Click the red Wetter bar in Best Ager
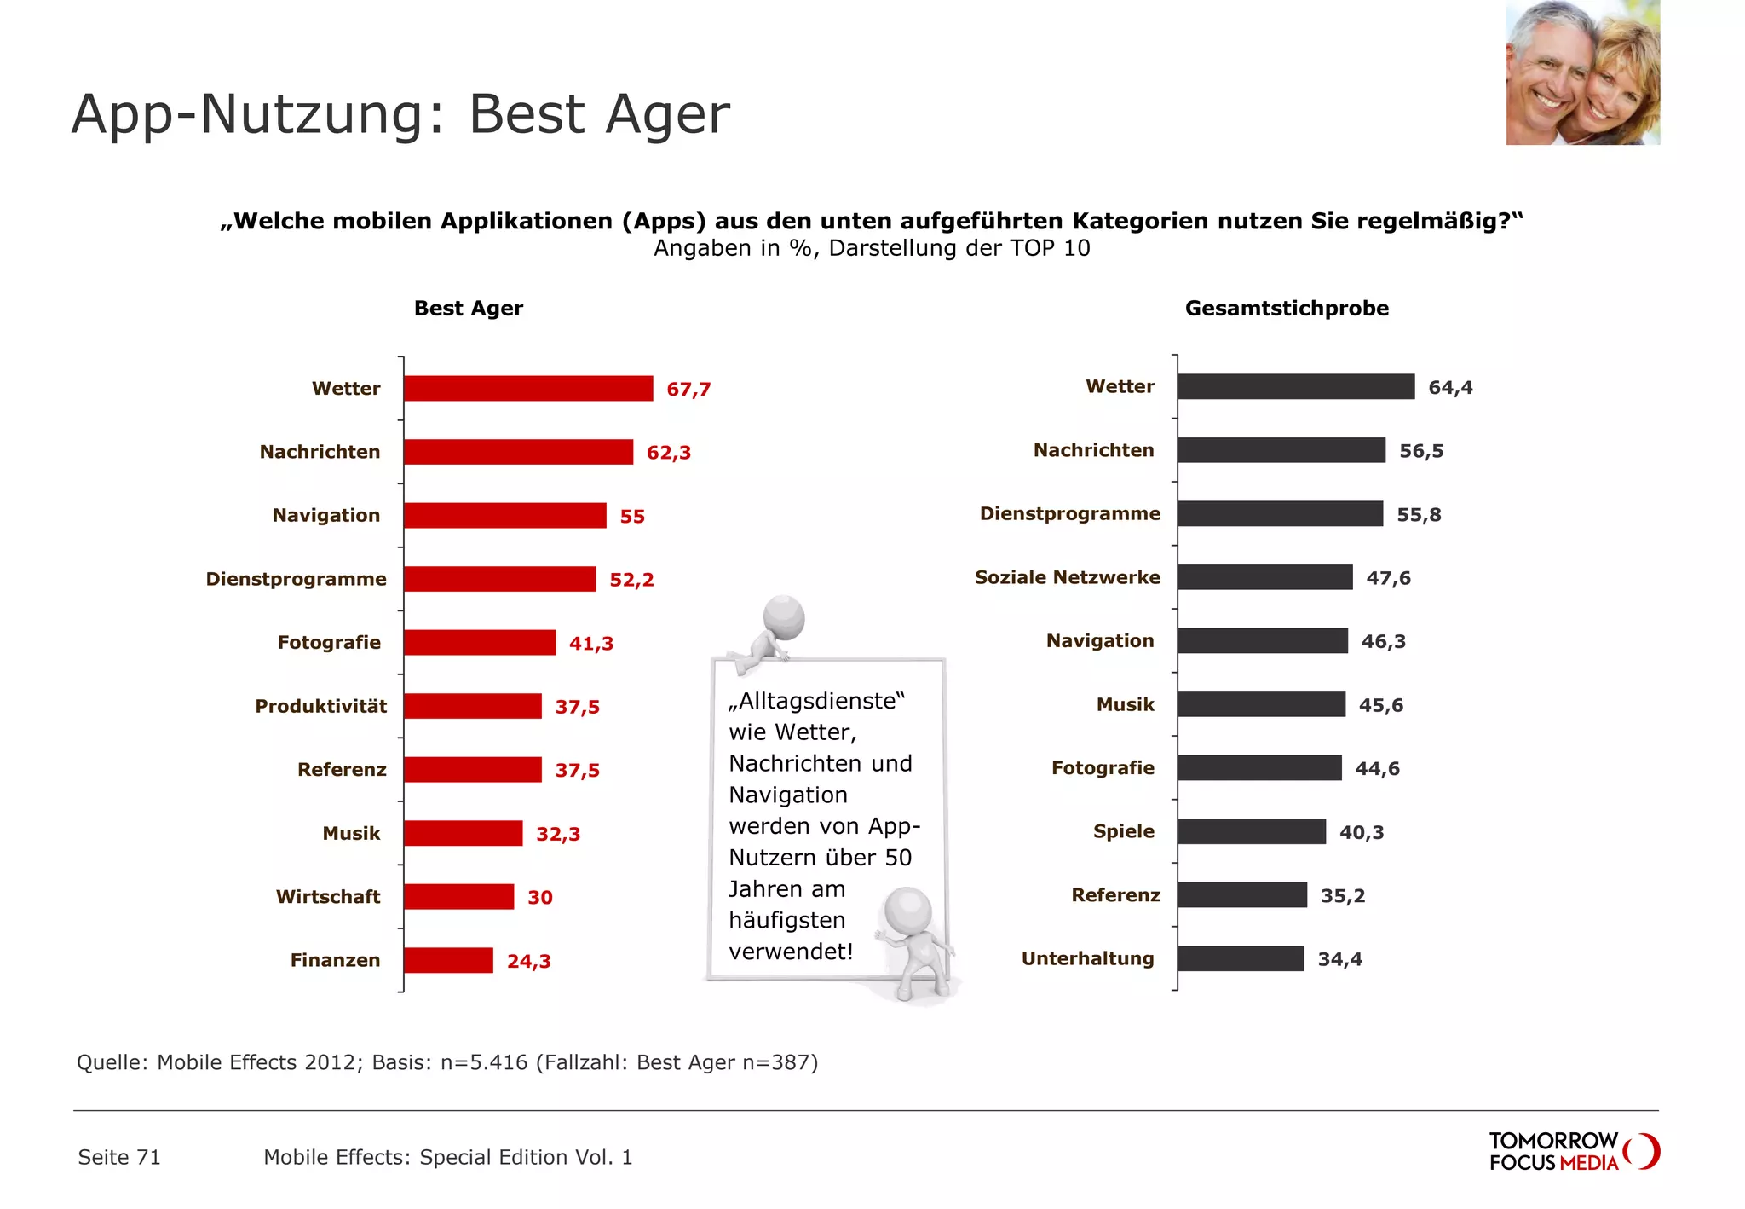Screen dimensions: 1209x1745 [528, 388]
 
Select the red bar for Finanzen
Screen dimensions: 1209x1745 [448, 960]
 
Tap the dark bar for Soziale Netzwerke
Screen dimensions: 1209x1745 [1264, 577]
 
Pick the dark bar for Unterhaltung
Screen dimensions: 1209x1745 [1241, 958]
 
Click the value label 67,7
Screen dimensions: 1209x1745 [688, 390]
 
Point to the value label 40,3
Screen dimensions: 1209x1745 [1362, 832]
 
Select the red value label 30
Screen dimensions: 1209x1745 [540, 897]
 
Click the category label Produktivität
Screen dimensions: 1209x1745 [320, 706]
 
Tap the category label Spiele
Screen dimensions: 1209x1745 [1124, 831]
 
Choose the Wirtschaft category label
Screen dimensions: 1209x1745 [328, 897]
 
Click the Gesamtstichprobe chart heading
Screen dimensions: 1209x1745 [1287, 309]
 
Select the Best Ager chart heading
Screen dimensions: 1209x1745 [468, 309]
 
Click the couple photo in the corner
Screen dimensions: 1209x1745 [1582, 72]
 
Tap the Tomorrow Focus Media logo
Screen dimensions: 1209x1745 [1573, 1151]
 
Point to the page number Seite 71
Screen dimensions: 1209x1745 [119, 1157]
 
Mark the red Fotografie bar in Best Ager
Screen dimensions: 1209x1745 [480, 643]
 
